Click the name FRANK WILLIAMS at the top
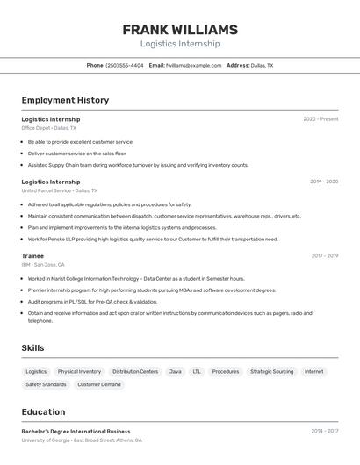pos(180,29)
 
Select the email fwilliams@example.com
pos(193,65)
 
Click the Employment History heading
pos(65,100)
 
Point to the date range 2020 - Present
pos(320,119)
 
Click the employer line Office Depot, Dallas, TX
pos(49,128)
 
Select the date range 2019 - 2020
pos(324,182)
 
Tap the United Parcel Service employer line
pos(60,190)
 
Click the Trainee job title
pos(32,256)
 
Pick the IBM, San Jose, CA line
pos(43,264)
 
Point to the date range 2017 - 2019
pos(324,256)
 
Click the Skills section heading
pos(32,348)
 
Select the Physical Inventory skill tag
pos(79,371)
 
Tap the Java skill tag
pos(176,371)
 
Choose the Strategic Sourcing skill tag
pos(271,371)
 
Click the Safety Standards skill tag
pos(46,384)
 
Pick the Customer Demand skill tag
pos(99,384)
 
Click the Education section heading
pos(43,411)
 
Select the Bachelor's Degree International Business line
pos(76,432)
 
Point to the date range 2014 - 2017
pos(324,432)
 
